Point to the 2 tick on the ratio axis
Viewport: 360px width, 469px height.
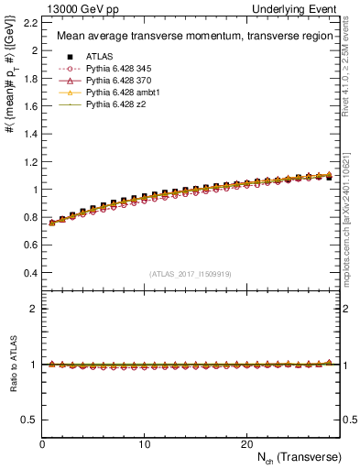(x=33, y=309)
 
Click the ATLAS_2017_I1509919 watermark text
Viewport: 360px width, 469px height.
(x=191, y=274)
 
